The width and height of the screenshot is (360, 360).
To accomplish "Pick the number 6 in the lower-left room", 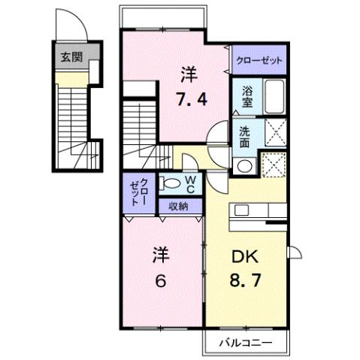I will [x=160, y=280].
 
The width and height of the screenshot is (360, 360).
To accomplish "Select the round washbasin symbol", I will [x=244, y=165].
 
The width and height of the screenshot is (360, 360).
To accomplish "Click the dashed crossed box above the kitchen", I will [x=274, y=165].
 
